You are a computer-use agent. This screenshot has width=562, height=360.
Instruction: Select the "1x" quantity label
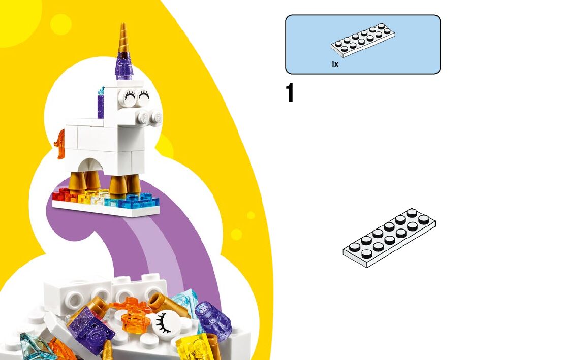[x=335, y=64]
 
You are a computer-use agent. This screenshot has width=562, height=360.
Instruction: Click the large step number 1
[x=290, y=94]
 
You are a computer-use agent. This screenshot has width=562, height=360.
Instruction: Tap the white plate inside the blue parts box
[x=363, y=40]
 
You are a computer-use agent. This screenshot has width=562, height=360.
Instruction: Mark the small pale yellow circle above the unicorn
[x=61, y=24]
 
